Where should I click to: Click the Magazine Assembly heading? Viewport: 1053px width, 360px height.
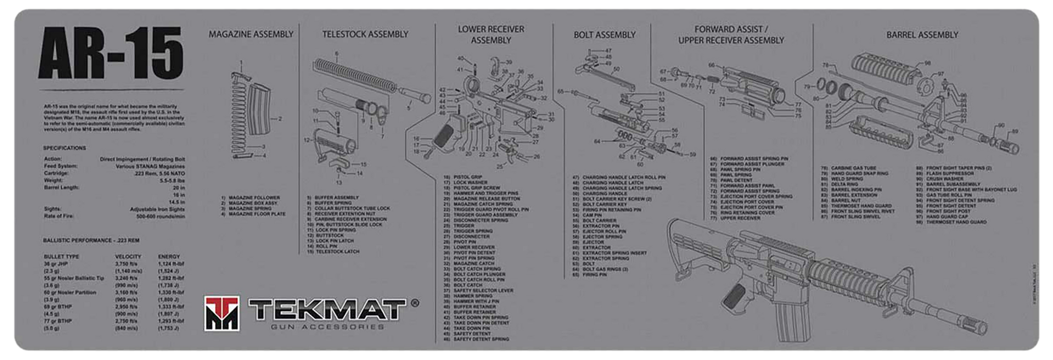tap(251, 34)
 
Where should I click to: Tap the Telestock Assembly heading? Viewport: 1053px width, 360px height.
tap(365, 34)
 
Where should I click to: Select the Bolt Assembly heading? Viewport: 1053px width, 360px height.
tap(604, 35)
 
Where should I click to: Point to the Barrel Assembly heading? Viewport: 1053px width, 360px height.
tap(922, 35)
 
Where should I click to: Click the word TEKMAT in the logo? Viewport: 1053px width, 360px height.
tap(325, 310)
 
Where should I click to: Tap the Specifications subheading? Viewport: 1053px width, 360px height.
tap(64, 148)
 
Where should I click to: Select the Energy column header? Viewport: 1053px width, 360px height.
tap(169, 257)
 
